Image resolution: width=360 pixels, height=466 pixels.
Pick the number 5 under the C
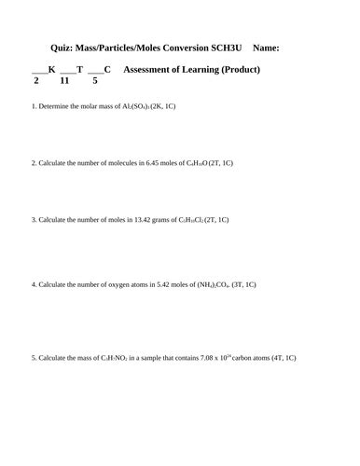pos(95,81)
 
